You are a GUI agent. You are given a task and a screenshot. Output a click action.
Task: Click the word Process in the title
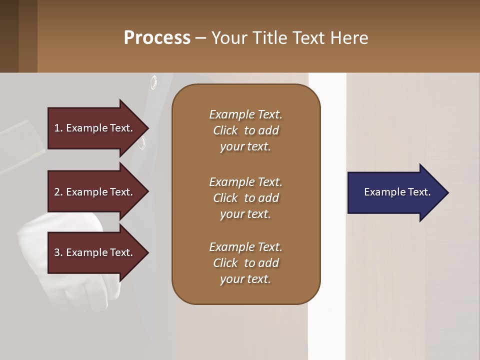[157, 38]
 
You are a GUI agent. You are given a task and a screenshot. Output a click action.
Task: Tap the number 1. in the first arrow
[58, 128]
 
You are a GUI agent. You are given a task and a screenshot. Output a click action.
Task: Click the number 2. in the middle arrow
[58, 192]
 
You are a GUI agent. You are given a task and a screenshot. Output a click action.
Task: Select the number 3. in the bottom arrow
[58, 252]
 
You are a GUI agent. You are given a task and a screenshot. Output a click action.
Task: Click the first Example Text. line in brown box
[245, 114]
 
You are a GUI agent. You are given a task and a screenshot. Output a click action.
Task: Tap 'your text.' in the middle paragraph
[245, 214]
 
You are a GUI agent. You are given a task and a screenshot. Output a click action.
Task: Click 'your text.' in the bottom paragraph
[245, 279]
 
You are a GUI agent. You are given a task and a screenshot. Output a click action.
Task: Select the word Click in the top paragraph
[225, 130]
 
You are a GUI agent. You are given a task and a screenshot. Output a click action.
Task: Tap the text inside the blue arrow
[397, 192]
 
